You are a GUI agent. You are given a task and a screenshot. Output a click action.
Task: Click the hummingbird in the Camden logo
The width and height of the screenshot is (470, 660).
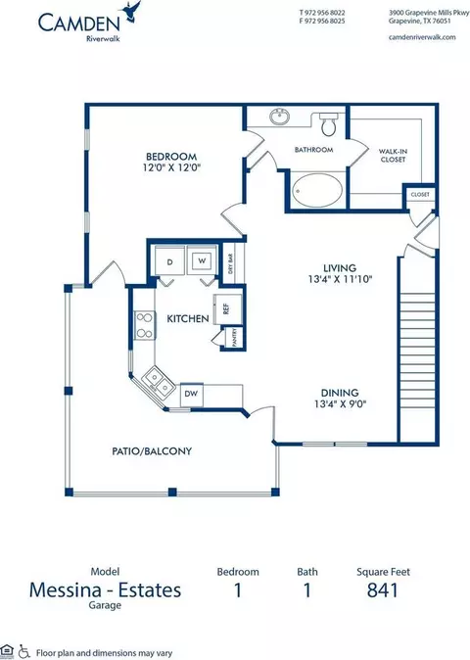131,11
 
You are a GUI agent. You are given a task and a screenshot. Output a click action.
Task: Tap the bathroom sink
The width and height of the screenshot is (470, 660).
279,117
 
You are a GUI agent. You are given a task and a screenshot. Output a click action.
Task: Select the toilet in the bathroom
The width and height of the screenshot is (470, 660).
329,123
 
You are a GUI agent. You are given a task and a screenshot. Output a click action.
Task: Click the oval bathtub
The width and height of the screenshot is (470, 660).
317,190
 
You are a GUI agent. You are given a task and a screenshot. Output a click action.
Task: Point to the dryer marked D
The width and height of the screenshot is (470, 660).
170,261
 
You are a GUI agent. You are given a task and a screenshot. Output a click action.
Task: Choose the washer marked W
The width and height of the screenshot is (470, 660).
202,261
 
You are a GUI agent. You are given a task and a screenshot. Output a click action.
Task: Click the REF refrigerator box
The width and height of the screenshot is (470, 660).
227,309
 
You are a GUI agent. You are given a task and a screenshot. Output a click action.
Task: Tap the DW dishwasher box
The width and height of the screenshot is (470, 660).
192,395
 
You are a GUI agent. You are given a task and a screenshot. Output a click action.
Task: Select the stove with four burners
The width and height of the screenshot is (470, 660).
144,325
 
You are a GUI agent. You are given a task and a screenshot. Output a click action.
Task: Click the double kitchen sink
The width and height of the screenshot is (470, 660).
159,381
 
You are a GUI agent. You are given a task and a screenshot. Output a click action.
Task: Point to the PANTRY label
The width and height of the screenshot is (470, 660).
235,337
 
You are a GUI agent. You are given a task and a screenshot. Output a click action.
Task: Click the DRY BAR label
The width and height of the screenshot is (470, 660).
230,264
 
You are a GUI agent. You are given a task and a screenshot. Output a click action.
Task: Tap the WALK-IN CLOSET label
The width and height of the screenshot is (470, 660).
393,156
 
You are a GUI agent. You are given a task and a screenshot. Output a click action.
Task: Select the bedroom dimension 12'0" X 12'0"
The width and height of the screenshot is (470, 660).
171,167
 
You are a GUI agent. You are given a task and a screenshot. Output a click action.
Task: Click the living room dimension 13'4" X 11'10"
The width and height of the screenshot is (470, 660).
340,279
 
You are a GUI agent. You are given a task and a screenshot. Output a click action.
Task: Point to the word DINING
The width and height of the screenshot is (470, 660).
340,393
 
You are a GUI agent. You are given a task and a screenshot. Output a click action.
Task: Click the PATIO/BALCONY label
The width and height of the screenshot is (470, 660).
152,451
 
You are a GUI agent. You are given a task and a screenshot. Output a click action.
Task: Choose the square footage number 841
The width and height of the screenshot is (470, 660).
383,590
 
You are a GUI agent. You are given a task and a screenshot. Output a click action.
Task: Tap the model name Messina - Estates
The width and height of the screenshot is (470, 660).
105,590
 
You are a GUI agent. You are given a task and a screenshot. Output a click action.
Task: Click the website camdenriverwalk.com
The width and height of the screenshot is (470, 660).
422,37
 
